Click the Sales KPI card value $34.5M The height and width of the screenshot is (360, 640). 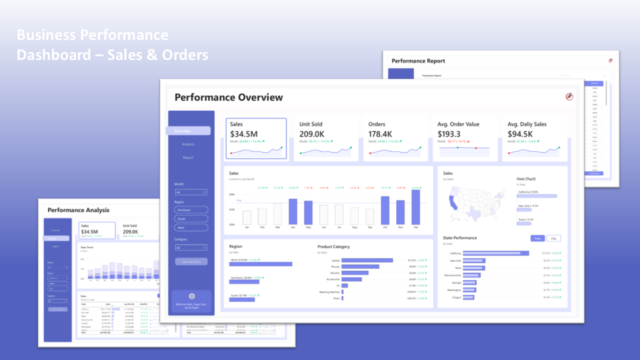coord(244,134)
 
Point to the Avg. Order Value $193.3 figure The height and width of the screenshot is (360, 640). coord(449,134)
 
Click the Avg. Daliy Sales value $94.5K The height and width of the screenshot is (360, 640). coord(520,134)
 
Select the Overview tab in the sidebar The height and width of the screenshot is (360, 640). coord(188,131)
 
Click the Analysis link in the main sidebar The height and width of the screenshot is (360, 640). coord(188,144)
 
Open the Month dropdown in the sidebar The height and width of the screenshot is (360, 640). coord(191,192)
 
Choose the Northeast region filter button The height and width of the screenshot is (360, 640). coord(191,210)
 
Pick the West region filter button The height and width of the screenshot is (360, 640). coord(191,227)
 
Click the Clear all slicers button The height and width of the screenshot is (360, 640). coord(191,261)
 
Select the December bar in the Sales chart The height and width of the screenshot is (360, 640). coord(415,207)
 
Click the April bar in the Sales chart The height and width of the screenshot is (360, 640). coord(293,211)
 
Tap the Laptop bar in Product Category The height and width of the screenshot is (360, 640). coord(367,260)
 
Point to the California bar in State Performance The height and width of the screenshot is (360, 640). coord(496,253)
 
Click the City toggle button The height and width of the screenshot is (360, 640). coord(553,238)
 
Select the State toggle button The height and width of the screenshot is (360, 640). coord(537,238)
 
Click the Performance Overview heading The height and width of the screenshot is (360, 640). coord(228,97)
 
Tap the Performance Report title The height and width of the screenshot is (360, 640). coord(418,61)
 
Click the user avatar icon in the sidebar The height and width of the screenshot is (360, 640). coord(191,296)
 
